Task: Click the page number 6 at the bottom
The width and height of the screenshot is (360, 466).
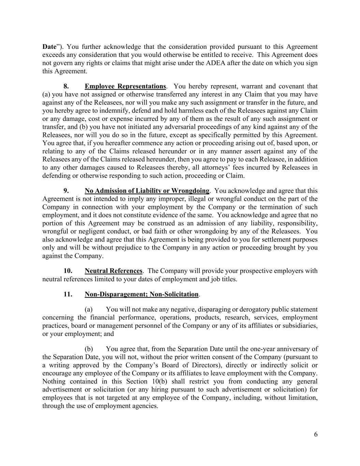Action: pos(316,434)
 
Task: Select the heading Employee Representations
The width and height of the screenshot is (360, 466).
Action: pos(125,86)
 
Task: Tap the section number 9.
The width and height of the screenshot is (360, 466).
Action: pos(67,191)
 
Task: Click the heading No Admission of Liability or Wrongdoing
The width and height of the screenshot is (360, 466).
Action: pos(147,191)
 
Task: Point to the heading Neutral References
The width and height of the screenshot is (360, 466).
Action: pos(113,271)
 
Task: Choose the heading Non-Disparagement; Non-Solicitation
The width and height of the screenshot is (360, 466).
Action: pos(141,294)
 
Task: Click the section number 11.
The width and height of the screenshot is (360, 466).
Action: pos(68,294)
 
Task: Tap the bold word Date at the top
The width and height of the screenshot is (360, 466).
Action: pos(49,47)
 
